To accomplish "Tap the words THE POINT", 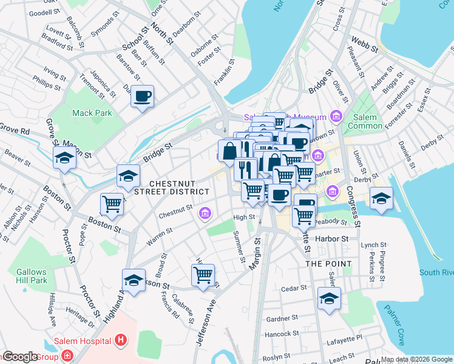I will click(x=328, y=264).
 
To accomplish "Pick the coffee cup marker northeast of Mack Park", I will click(x=143, y=96).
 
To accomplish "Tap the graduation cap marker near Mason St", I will click(x=64, y=158).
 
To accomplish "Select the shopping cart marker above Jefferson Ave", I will click(x=203, y=275).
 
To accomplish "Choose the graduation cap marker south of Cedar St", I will click(x=329, y=298).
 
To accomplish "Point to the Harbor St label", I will click(x=336, y=239).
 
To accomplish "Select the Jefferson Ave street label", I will click(x=205, y=325).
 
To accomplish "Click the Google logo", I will click(x=20, y=357).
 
